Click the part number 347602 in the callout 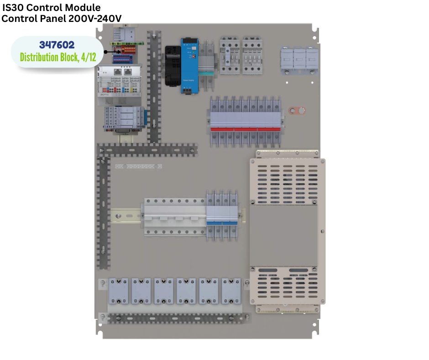click(x=57, y=45)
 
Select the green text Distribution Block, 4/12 click(x=58, y=57)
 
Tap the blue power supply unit click(x=189, y=66)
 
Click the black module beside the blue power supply click(x=173, y=66)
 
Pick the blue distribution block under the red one click(x=123, y=59)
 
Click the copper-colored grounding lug click(x=297, y=111)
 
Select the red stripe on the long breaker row click(x=246, y=129)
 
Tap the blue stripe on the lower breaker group click(x=222, y=223)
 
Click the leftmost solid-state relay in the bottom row click(x=119, y=291)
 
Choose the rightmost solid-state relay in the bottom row click(x=231, y=291)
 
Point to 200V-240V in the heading click(x=95, y=19)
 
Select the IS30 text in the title click(x=13, y=7)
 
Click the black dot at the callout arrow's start click(x=105, y=52)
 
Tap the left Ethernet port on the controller click(x=118, y=72)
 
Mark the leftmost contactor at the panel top click(x=230, y=55)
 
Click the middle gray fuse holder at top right click(x=299, y=60)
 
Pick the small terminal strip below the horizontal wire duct click(x=138, y=166)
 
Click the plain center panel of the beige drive click(x=283, y=236)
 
